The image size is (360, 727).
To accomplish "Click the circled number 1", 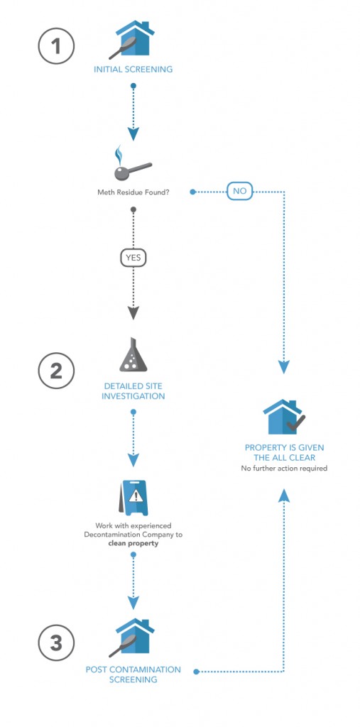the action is pos(55,46).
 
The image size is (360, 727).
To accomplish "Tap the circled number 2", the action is pos(55,371).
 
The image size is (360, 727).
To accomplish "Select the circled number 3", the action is pos(55,643).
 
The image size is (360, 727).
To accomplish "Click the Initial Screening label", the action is pos(133,70).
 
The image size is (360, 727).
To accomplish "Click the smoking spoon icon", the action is pos(133,163).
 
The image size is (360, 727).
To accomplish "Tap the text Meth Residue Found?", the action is pos(133,192).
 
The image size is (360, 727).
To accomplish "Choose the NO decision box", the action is pos(239,190).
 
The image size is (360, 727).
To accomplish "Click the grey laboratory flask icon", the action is pos(133,355).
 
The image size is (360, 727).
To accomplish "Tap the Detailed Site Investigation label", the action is pos(133,391).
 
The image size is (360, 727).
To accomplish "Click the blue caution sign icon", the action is pos(133,498).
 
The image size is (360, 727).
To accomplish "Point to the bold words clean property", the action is pos(133,543).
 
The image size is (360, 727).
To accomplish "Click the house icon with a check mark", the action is pos(284,416).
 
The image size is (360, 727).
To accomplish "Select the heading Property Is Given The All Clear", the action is pos(285,452).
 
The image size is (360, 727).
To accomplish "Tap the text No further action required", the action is pos(285,469).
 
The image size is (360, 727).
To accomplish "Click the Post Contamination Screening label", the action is pos(133,674).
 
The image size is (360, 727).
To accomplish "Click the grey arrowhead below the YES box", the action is pos(133,313).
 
